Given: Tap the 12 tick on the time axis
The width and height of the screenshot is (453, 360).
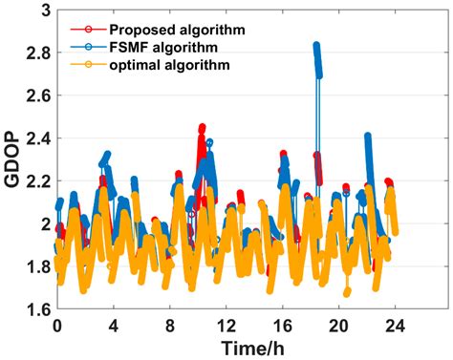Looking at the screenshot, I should tap(226, 324).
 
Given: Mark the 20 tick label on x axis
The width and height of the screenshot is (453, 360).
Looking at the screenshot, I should tap(338, 324).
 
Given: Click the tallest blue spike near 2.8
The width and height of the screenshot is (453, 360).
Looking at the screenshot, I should tap(316, 45).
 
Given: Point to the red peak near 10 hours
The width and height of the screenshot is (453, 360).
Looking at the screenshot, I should tap(202, 127).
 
